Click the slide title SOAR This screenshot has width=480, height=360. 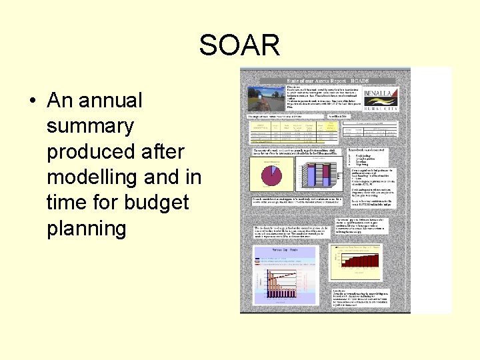tap(239, 45)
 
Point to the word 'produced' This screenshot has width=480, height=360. tap(89, 151)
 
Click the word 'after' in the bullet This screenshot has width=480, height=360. tap(162, 151)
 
